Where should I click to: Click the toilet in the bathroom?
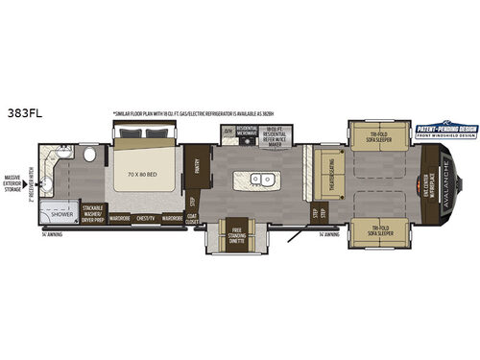coord(89,154)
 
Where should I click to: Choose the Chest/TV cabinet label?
coord(148,217)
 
